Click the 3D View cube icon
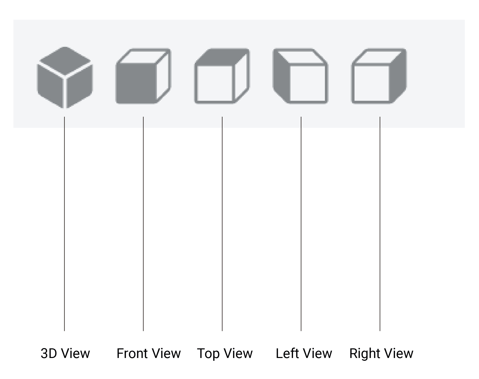click(x=65, y=77)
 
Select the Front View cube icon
click(x=143, y=76)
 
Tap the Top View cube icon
click(x=222, y=76)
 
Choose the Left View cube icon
click(x=300, y=76)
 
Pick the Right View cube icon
click(x=379, y=76)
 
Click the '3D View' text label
click(x=65, y=353)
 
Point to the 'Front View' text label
click(x=149, y=353)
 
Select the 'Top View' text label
click(x=225, y=354)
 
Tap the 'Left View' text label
click(x=304, y=353)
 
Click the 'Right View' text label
click(x=381, y=353)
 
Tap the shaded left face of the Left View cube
click(x=281, y=76)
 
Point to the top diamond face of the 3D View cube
click(x=65, y=61)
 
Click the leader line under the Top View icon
click(x=222, y=223)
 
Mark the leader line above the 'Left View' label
click(x=301, y=223)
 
